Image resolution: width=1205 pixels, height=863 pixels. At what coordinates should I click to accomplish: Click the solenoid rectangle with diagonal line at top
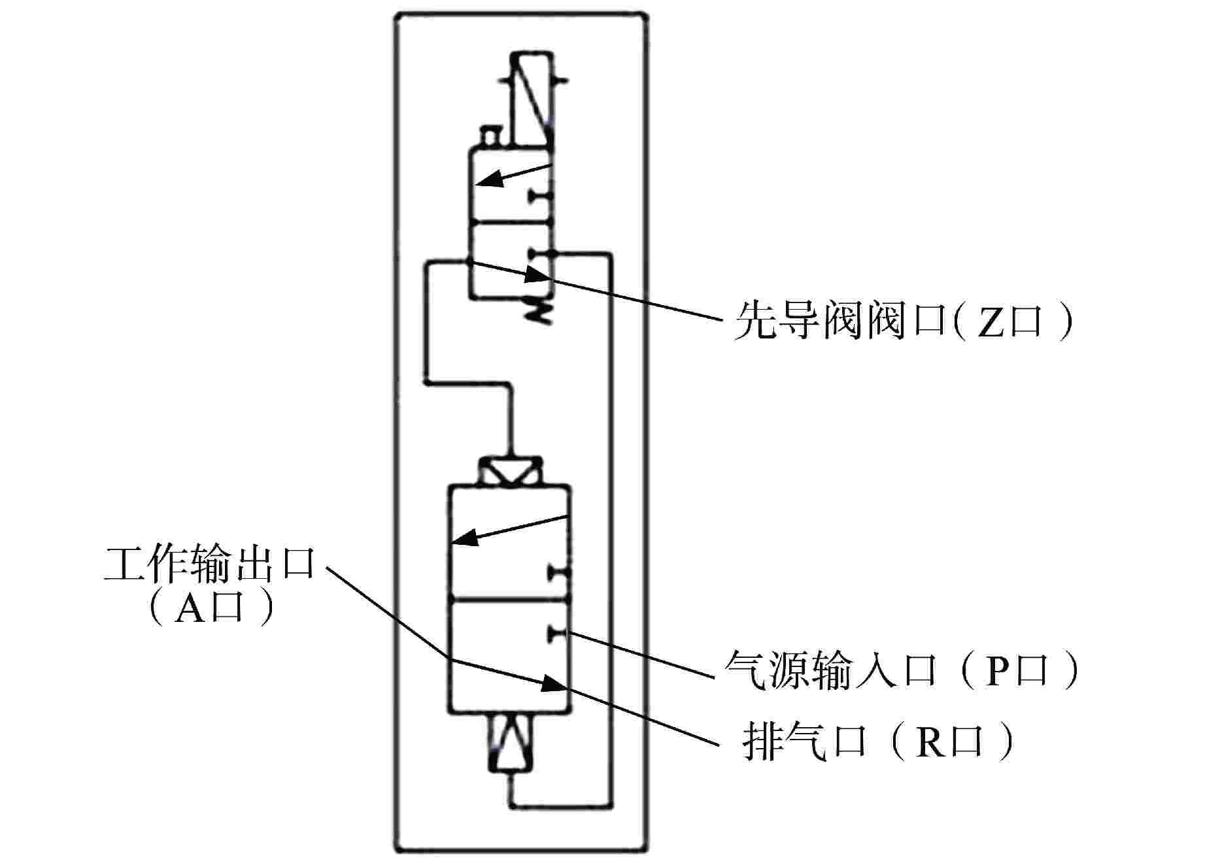[532, 98]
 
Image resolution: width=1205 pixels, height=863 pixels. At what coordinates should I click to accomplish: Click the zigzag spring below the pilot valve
[540, 306]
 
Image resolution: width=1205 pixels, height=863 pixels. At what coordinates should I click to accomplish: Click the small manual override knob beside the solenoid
[490, 136]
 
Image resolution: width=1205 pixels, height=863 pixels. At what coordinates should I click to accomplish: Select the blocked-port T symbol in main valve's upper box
[560, 574]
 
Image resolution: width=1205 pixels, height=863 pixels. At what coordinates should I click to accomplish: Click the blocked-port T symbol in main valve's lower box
[559, 632]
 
